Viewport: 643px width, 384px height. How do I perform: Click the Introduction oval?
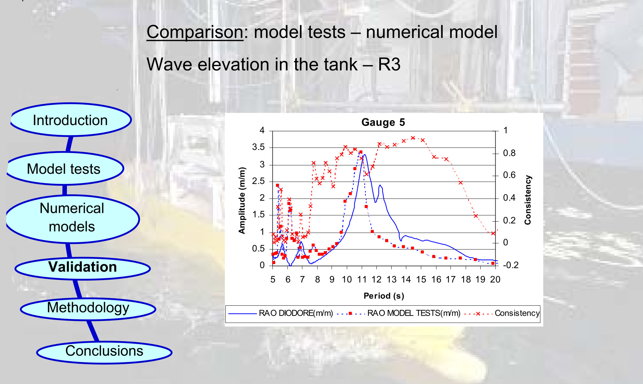click(70, 120)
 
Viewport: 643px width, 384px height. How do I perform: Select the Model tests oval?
click(64, 169)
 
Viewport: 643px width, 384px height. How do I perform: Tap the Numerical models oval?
click(72, 217)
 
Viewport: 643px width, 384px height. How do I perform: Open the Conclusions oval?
click(104, 351)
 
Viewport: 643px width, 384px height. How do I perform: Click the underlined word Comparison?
click(195, 32)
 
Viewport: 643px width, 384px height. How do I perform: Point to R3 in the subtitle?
click(389, 64)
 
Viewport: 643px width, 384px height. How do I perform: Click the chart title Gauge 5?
click(383, 122)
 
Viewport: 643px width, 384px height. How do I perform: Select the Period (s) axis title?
click(384, 296)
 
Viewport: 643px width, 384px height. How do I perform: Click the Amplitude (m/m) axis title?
click(242, 200)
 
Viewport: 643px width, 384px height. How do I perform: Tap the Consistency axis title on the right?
click(528, 200)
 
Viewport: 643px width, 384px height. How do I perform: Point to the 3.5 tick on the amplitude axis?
click(258, 147)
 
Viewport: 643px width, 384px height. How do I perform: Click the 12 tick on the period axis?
click(376, 279)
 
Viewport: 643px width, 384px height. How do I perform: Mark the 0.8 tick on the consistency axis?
click(509, 153)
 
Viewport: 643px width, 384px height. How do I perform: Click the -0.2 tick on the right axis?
click(511, 265)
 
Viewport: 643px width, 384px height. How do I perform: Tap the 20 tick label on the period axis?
click(495, 279)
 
